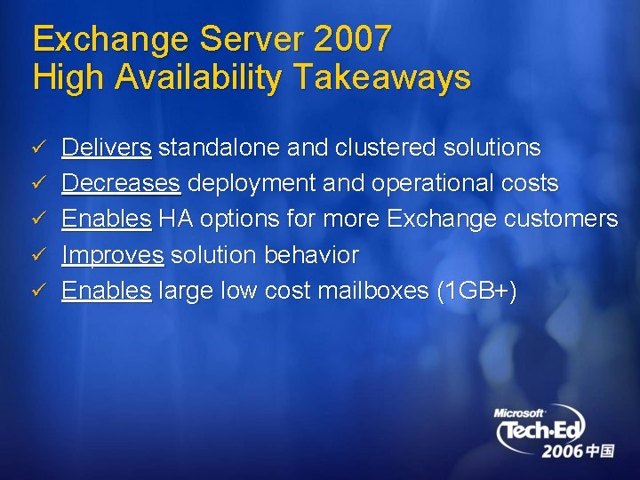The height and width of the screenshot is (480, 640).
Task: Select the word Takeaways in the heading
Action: [x=381, y=77]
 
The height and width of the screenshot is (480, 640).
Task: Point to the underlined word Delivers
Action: [x=107, y=147]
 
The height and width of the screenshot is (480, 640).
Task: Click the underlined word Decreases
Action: [x=121, y=183]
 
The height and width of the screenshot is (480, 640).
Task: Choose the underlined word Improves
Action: [x=112, y=255]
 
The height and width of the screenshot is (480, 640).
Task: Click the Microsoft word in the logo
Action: [x=519, y=412]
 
